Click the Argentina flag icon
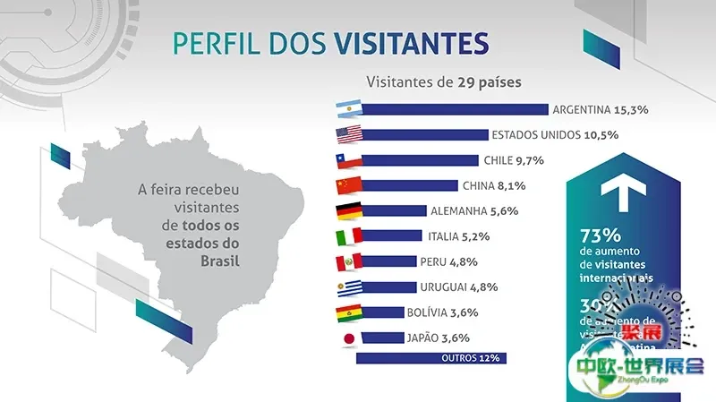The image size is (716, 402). click(x=347, y=110)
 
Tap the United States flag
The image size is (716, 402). click(x=347, y=135)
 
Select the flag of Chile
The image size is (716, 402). click(x=347, y=161)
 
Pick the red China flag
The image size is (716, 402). click(x=347, y=186)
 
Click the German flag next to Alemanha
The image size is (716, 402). click(x=347, y=211)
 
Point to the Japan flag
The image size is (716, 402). click(x=347, y=338)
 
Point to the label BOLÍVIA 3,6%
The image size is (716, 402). click(x=453, y=312)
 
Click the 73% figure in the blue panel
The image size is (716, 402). click(x=601, y=236)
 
